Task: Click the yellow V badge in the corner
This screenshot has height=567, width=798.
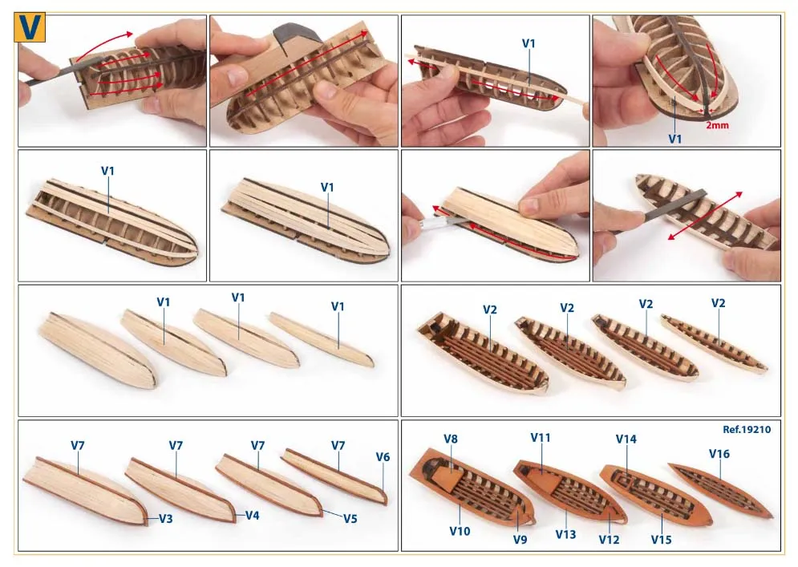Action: (x=30, y=27)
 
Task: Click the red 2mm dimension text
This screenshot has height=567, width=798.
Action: (x=717, y=124)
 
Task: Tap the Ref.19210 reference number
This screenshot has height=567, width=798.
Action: (x=747, y=430)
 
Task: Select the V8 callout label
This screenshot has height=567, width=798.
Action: (x=451, y=439)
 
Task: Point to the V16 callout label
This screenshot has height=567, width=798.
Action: (x=719, y=453)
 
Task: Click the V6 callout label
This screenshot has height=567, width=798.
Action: (x=383, y=457)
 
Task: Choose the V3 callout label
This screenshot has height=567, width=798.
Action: (x=166, y=519)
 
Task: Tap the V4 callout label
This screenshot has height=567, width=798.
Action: (x=253, y=516)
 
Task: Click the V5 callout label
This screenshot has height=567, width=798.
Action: (x=350, y=519)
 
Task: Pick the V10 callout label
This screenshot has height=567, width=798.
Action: (x=460, y=532)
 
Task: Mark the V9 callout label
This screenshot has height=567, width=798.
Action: (x=520, y=540)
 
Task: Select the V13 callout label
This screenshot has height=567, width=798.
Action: (x=565, y=534)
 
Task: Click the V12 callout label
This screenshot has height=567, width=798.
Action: (x=609, y=540)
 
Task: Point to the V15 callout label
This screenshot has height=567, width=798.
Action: (x=661, y=540)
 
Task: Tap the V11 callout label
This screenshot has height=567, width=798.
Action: (x=541, y=438)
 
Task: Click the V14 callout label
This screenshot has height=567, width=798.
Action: (x=626, y=439)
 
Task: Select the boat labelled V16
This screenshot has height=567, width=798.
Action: (x=720, y=490)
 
